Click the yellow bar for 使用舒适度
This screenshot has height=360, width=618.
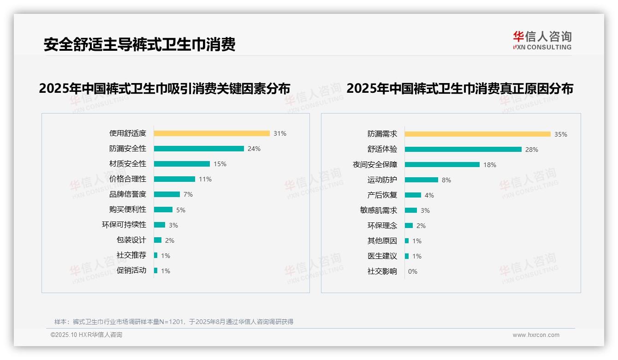click(212, 133)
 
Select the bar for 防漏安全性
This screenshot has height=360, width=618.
click(199, 149)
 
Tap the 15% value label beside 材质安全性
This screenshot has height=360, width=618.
click(220, 164)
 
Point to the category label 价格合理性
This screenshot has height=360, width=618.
click(128, 179)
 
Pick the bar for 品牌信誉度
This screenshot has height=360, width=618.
click(167, 194)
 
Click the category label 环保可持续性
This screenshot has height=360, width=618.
click(124, 225)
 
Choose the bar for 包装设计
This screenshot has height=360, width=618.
click(158, 240)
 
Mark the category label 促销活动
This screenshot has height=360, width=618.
click(131, 270)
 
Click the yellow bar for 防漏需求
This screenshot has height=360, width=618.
click(478, 134)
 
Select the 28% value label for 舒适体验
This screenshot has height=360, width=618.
click(532, 150)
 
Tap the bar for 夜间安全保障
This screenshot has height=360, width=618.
click(442, 165)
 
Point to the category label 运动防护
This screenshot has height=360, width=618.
click(382, 180)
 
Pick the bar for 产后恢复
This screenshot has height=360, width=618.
click(413, 195)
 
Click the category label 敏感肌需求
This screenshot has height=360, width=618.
click(379, 210)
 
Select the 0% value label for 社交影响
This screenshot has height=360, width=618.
click(413, 271)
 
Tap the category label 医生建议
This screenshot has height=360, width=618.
click(382, 256)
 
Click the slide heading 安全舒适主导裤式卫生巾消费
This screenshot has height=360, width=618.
click(140, 44)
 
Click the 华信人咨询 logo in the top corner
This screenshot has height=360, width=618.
click(542, 41)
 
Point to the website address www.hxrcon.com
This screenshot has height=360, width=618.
click(536, 335)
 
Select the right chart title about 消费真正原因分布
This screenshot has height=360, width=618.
click(460, 88)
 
